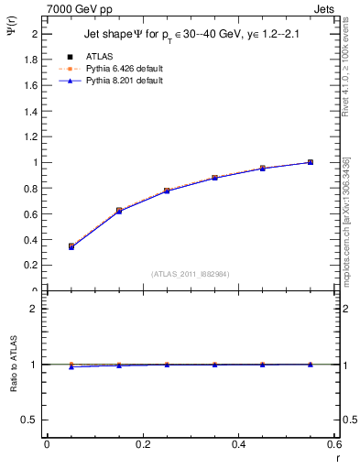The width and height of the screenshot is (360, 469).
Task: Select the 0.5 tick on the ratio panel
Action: [x=30, y=420]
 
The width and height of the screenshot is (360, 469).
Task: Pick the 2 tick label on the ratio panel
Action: [x=34, y=309]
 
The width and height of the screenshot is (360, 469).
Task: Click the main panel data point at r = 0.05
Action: [x=71, y=246]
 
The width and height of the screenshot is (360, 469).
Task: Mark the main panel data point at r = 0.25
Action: [x=167, y=191]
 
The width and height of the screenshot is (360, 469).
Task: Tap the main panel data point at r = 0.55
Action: [x=311, y=162]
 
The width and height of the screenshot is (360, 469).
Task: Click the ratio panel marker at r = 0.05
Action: [x=71, y=366]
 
